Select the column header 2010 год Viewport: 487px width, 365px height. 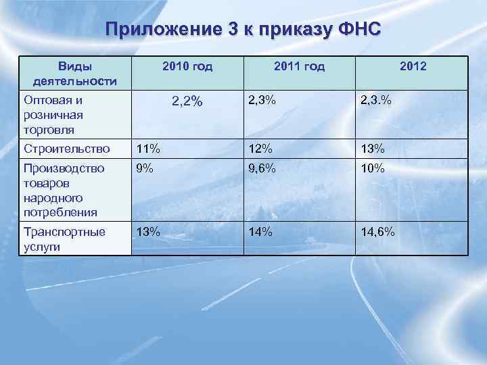[187, 66]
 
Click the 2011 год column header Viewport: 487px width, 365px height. [300, 66]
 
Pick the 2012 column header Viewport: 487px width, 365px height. [413, 66]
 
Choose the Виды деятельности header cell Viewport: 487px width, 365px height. [75, 74]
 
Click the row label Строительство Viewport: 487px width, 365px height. [66, 149]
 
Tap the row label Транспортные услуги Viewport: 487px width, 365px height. [64, 239]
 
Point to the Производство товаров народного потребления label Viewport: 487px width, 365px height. [64, 190]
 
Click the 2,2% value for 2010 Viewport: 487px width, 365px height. [187, 102]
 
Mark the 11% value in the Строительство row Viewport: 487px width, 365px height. [148, 149]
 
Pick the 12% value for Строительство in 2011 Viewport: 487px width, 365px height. [260, 149]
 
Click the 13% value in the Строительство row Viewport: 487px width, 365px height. [372, 149]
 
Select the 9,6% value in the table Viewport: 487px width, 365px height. [262, 169]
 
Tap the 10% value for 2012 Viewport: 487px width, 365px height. [372, 169]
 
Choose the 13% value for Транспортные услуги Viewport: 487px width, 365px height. [148, 232]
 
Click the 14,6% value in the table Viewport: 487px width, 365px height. [377, 232]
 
